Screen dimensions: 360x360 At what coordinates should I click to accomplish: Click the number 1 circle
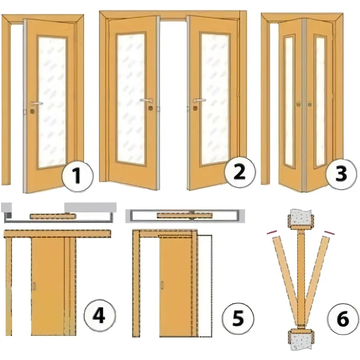[x=78, y=176]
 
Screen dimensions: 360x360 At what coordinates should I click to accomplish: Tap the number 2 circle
[x=240, y=172]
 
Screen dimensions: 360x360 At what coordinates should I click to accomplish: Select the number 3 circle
[x=341, y=174]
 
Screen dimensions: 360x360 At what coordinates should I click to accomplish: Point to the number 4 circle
[x=99, y=315]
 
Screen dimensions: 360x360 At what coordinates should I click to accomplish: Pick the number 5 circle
[x=238, y=318]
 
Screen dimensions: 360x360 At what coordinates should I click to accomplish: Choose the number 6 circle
[x=343, y=319]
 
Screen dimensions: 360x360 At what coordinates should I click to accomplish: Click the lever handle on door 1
[x=37, y=103]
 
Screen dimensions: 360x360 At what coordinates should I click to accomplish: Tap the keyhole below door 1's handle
[x=32, y=112]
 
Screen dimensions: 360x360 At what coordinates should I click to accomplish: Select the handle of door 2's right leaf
[x=199, y=100]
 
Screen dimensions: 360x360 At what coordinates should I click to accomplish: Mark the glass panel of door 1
[x=52, y=102]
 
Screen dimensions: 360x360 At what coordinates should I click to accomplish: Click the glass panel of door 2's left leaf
[x=131, y=99]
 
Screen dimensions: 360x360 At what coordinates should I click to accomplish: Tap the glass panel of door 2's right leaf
[x=215, y=99]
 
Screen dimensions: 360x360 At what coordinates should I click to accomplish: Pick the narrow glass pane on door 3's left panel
[x=289, y=101]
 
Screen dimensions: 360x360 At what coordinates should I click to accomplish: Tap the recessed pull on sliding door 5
[x=162, y=285]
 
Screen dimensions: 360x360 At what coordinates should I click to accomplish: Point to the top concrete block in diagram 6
[x=300, y=219]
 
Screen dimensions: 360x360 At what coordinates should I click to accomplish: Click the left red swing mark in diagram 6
[x=272, y=232]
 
